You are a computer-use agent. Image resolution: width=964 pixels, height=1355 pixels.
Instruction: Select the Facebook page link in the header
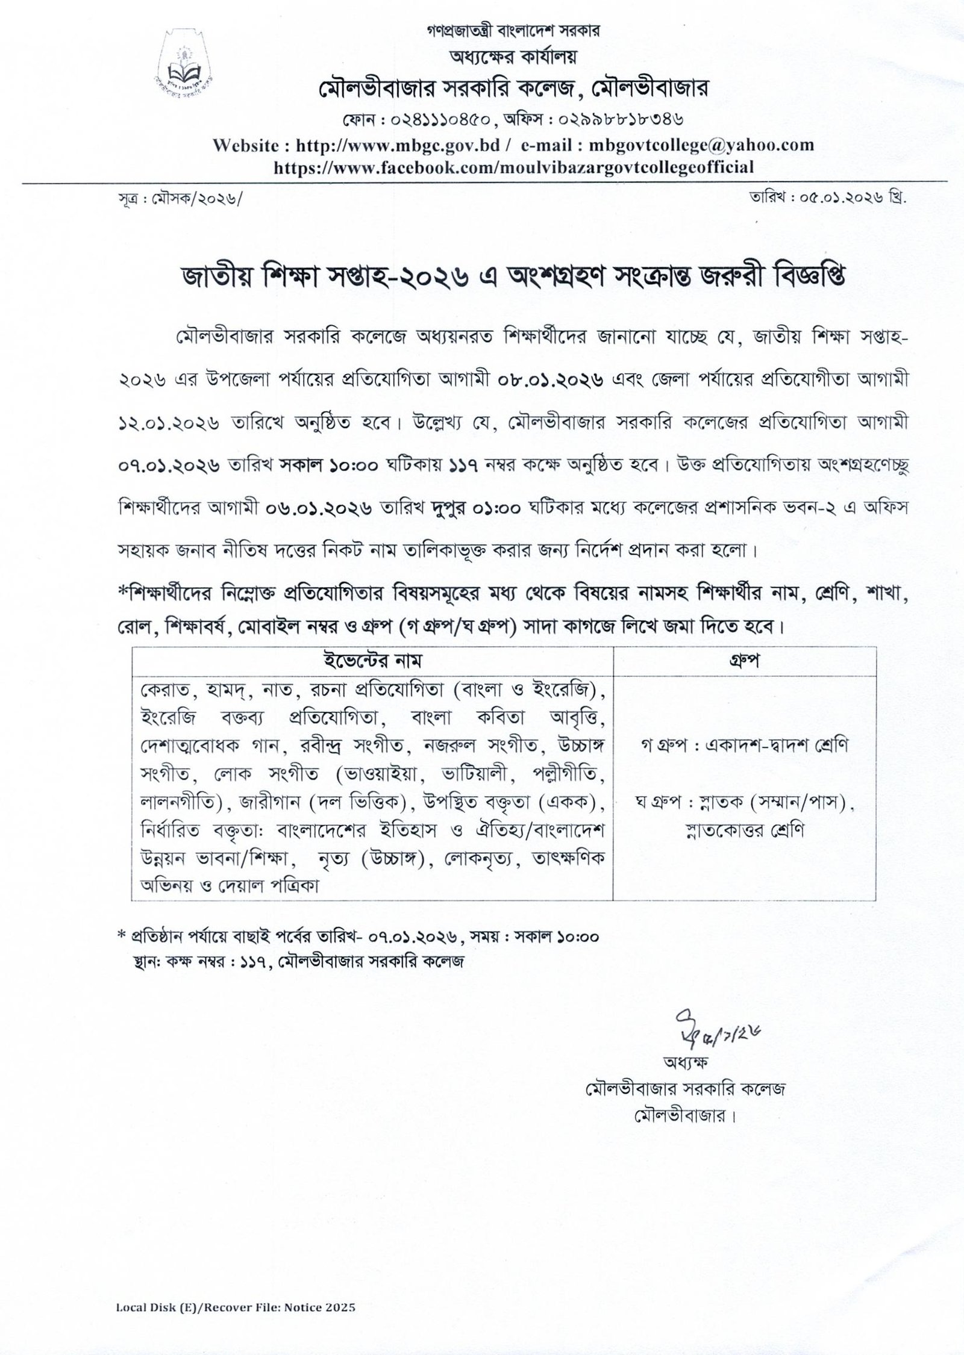click(x=513, y=167)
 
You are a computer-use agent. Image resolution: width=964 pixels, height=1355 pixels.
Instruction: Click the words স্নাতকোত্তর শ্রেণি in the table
click(x=744, y=830)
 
